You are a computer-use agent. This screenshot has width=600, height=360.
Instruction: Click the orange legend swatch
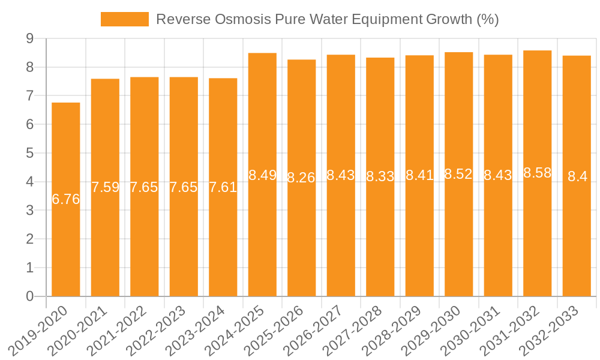124,19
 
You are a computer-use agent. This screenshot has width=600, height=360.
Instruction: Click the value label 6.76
66,200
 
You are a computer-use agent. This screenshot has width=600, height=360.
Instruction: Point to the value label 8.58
537,173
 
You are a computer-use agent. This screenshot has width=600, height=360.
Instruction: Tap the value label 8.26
301,178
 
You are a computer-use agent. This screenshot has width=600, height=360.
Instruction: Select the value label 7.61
223,187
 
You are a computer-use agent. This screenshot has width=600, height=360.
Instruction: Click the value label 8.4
577,176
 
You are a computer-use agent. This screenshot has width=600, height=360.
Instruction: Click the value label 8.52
458,175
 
